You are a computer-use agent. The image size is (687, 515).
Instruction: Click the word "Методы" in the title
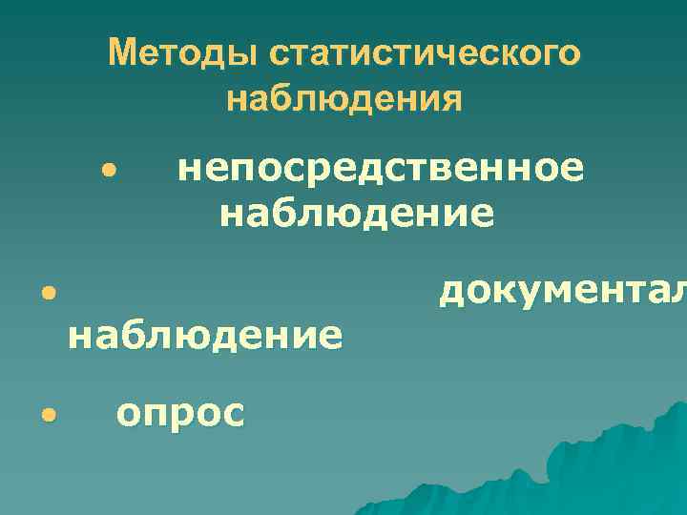click(x=182, y=53)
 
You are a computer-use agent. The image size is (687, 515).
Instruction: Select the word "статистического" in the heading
click(x=423, y=53)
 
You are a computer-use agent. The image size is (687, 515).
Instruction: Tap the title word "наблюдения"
click(x=343, y=98)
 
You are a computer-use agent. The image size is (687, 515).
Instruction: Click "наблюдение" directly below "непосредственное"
click(x=357, y=213)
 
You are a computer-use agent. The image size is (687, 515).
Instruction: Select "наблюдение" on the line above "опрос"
click(x=204, y=337)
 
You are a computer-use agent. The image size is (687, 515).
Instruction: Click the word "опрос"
click(x=179, y=414)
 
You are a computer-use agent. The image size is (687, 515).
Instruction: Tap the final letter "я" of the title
click(x=450, y=99)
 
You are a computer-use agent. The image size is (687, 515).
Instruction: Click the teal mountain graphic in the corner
click(x=611, y=467)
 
